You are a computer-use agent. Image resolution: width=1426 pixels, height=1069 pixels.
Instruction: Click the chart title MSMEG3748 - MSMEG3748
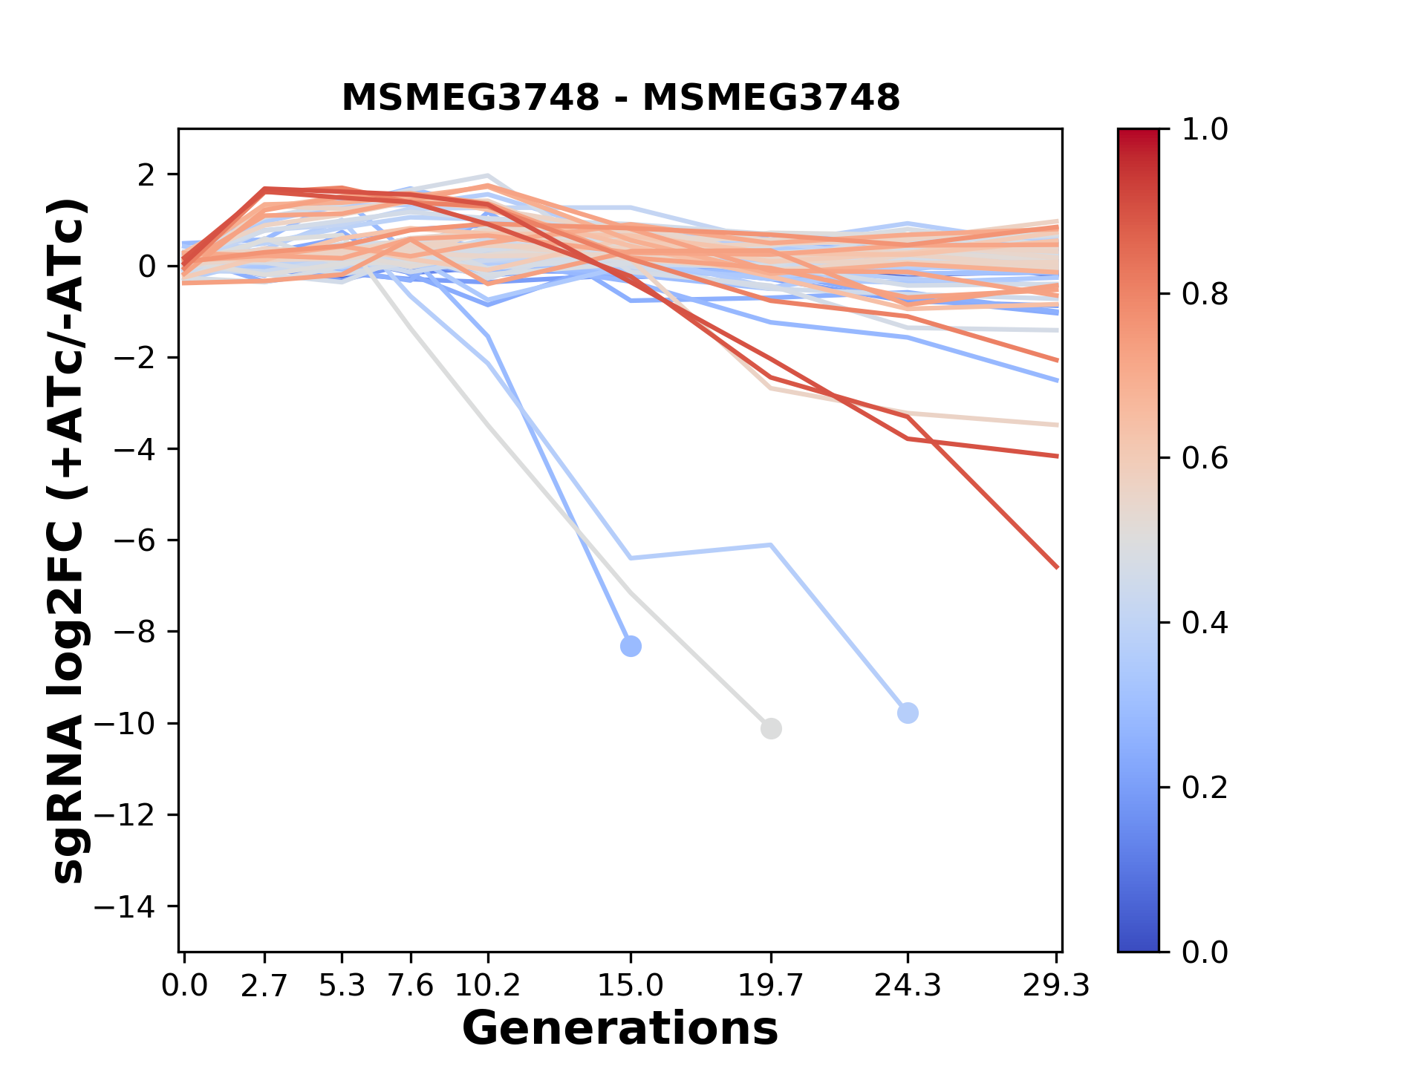pos(620,98)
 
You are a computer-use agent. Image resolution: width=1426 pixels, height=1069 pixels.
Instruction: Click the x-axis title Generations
pos(620,1029)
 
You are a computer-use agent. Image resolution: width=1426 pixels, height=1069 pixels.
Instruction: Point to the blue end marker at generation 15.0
pos(631,646)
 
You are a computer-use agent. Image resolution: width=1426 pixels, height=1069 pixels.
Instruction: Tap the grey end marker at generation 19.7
pos(771,728)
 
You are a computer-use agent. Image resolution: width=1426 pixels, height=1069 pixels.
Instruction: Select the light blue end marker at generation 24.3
pos(908,713)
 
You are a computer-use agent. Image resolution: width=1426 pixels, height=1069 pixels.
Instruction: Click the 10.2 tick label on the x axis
pos(487,986)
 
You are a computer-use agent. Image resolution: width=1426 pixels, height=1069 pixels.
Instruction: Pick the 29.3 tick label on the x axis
pos(1056,986)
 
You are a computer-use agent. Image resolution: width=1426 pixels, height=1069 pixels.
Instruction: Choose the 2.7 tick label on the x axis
pos(264,986)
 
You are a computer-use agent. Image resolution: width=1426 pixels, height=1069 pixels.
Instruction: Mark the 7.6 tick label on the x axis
pos(411,986)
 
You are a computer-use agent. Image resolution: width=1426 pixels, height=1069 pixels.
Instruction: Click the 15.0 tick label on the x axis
pos(631,986)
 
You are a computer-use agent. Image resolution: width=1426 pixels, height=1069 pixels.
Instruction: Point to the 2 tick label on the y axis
pos(147,175)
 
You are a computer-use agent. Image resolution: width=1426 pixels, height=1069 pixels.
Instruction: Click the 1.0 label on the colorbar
pos(1205,130)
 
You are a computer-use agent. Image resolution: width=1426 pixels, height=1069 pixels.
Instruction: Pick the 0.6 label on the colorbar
pos(1205,459)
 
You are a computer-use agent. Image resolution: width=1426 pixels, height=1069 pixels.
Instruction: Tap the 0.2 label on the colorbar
pos(1205,788)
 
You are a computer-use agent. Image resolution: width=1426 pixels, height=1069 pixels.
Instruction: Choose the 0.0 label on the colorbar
pos(1205,952)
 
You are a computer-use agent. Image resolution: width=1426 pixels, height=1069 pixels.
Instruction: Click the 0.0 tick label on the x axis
pos(184,986)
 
